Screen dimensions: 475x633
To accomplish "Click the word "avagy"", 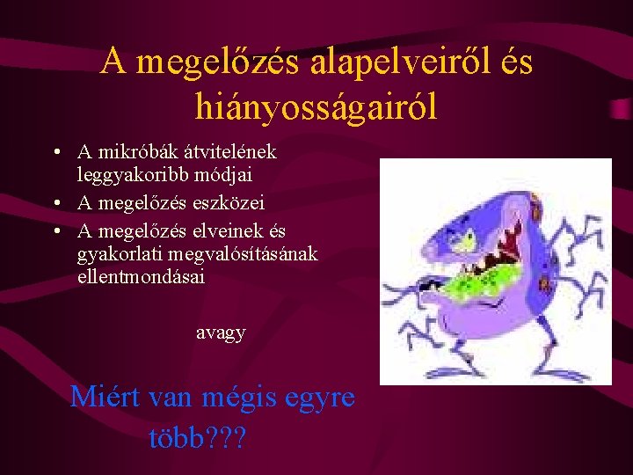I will coord(220,332).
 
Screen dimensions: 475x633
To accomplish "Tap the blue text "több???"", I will coord(198,437).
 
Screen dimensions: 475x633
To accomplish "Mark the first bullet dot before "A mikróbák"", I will coord(56,153).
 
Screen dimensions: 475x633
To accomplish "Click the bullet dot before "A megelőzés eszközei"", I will coord(56,203).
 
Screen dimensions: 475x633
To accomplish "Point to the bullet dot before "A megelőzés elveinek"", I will coord(56,230).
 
